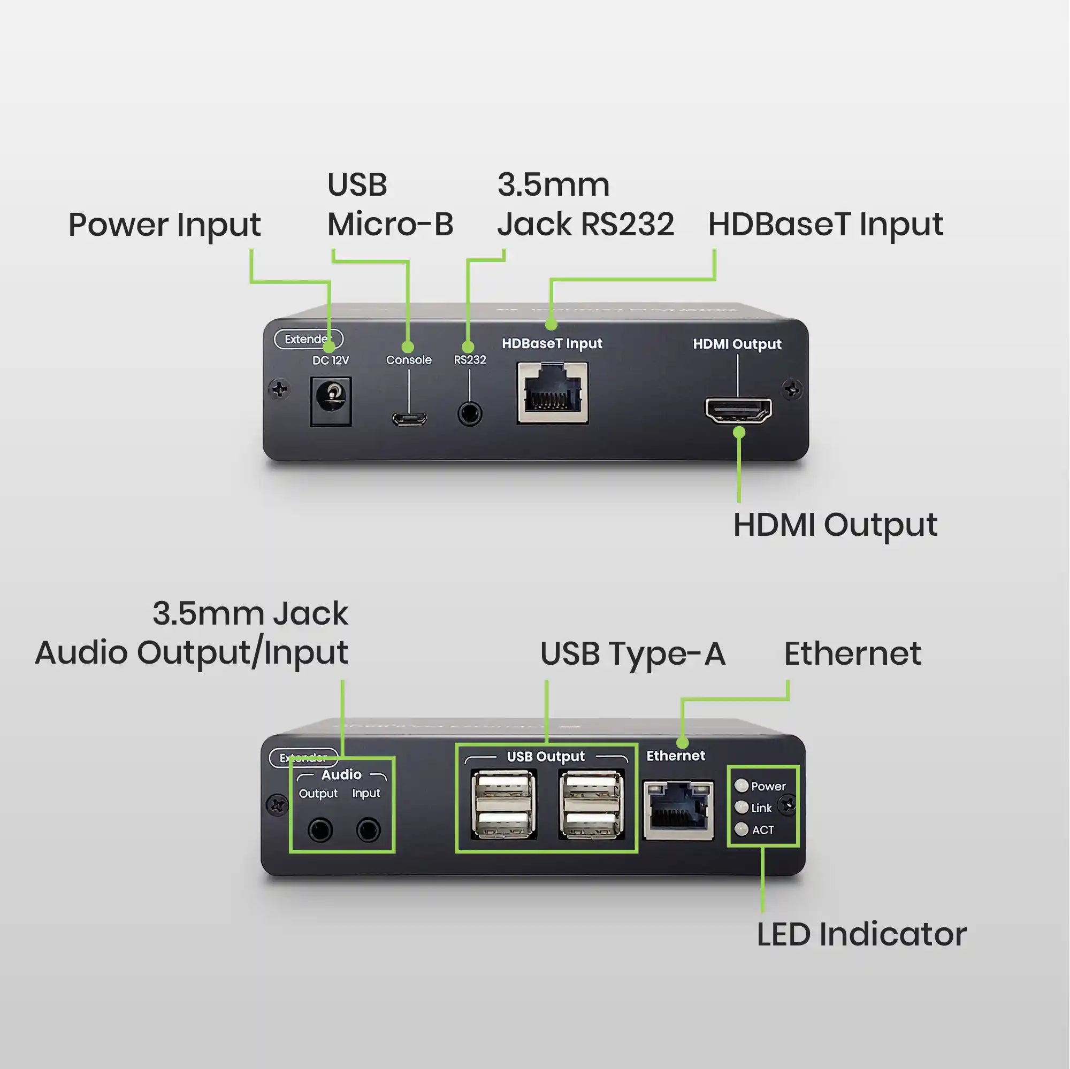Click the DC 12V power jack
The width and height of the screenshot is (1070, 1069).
[331, 402]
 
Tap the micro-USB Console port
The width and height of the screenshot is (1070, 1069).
[409, 419]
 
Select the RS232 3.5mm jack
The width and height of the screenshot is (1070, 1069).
[470, 414]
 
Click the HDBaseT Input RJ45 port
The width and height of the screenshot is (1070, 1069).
[553, 393]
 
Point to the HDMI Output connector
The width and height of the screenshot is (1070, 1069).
[738, 411]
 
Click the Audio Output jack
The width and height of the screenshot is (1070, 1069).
[320, 830]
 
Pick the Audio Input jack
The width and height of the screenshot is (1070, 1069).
[368, 830]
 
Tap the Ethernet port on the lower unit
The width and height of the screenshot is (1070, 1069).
[678, 811]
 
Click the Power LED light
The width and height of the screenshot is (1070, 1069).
[742, 786]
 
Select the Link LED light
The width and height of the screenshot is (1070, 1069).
[742, 807]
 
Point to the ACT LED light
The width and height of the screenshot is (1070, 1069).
[742, 829]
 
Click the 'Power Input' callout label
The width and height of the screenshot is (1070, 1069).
[164, 225]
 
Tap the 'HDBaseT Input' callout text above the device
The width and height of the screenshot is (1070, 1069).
[826, 225]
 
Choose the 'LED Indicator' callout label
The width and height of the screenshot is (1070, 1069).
[862, 935]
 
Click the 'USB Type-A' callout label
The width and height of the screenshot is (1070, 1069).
[632, 654]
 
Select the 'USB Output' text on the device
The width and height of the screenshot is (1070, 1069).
[546, 756]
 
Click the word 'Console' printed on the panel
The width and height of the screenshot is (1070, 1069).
[409, 360]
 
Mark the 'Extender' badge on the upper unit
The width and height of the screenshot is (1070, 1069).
[309, 339]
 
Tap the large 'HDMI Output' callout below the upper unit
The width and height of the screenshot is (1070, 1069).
[835, 525]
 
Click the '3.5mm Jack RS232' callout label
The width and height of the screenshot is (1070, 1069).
[585, 205]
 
